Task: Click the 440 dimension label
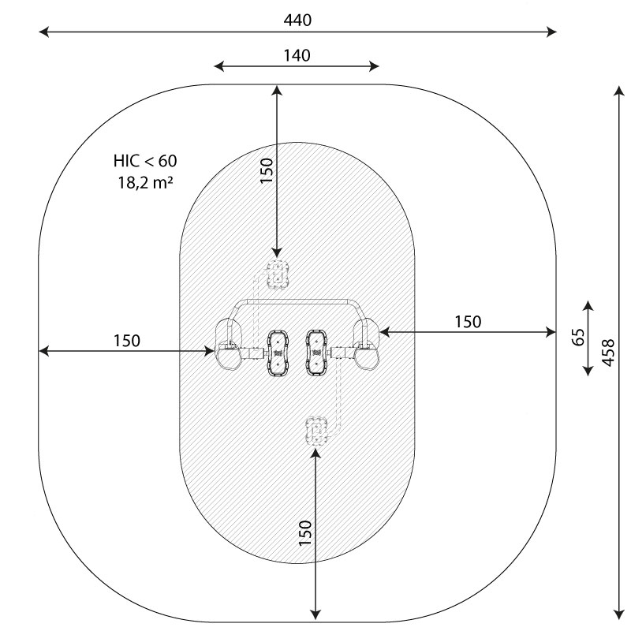coord(297,21)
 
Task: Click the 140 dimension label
coord(297,55)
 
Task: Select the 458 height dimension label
coord(608,353)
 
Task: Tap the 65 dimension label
coord(578,338)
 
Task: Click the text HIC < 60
coord(145,161)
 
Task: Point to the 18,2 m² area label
coord(145,183)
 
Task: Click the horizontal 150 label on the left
coord(127,341)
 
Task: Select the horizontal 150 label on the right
coord(468,322)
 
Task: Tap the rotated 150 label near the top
coord(267,170)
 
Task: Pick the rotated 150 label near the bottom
coord(305,533)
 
